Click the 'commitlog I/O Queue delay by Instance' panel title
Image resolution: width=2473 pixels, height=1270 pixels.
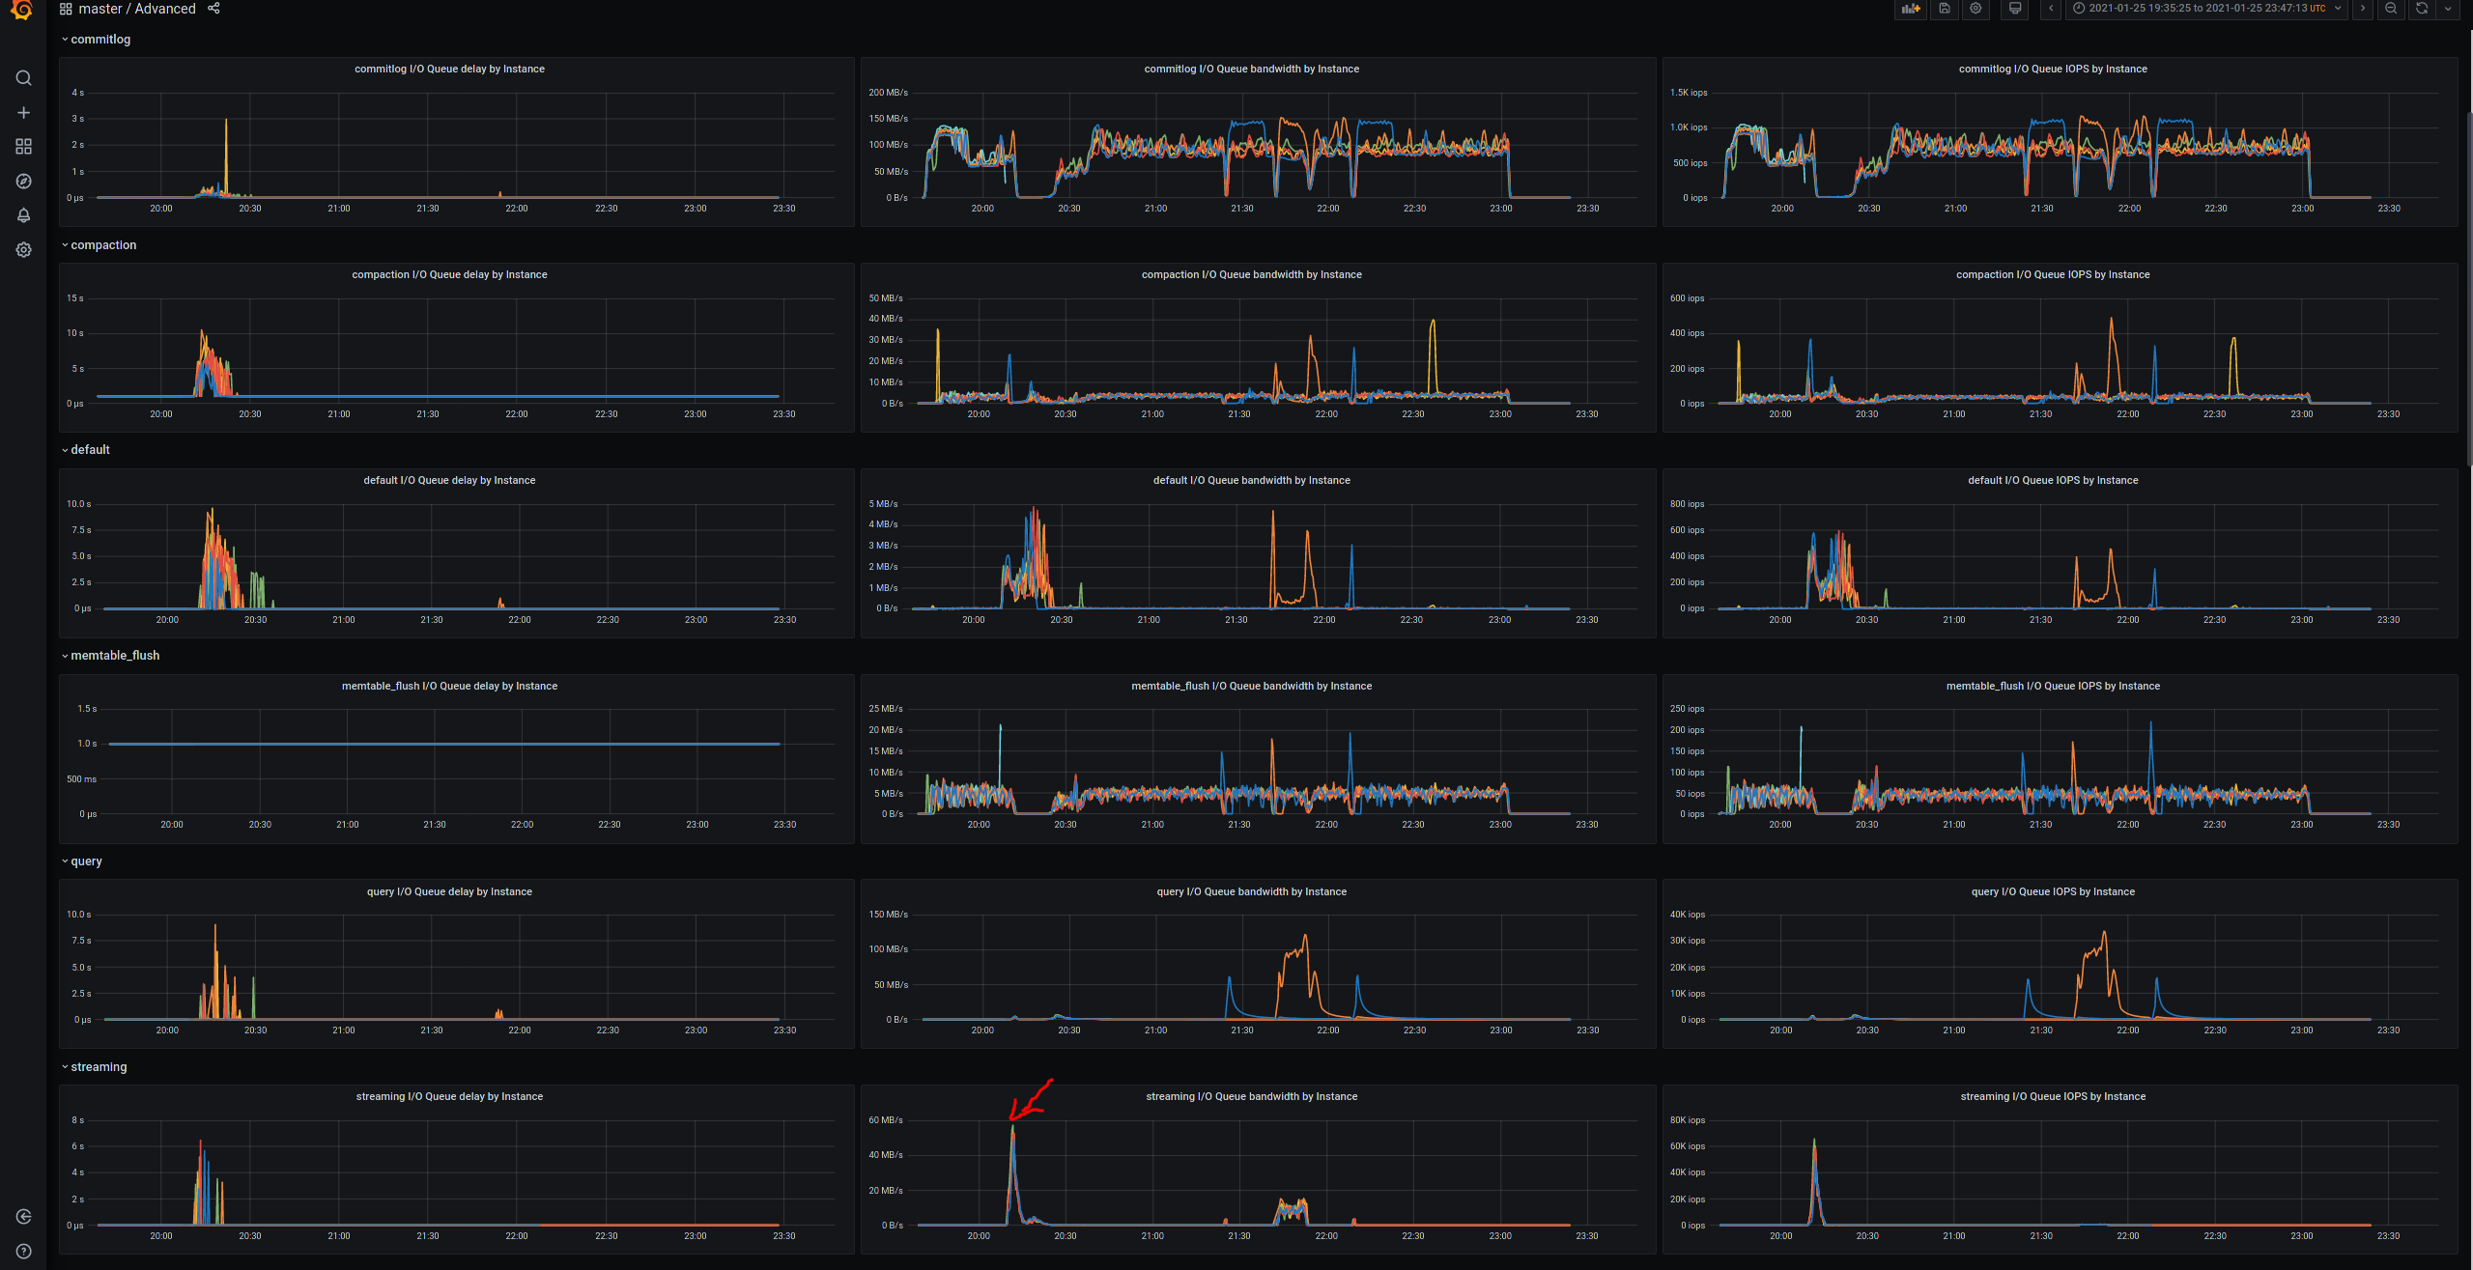[x=449, y=70]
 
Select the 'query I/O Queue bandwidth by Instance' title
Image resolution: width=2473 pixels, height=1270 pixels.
[x=1251, y=892]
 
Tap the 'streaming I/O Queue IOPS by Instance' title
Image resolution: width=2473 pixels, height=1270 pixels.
[x=2053, y=1097]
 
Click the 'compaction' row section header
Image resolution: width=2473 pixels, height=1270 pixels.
[x=103, y=245]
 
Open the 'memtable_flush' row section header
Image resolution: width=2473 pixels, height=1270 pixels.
[x=115, y=656]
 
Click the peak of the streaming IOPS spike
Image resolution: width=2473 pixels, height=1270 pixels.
[x=1814, y=1141]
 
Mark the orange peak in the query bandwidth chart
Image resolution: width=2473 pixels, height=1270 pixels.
[x=1305, y=936]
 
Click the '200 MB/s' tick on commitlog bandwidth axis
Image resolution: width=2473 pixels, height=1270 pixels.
[x=888, y=93]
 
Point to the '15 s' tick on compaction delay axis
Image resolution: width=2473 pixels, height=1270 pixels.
[x=74, y=298]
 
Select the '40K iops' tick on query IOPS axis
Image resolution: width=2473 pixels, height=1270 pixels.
[x=1688, y=915]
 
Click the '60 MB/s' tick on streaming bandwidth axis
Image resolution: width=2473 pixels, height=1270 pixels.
[x=886, y=1120]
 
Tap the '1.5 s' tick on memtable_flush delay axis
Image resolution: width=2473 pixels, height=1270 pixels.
[x=87, y=709]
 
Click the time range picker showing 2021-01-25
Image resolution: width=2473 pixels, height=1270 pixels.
[x=2206, y=9]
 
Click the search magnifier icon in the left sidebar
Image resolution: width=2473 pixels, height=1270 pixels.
[x=24, y=78]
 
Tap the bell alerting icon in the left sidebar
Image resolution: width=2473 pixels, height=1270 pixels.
[x=24, y=215]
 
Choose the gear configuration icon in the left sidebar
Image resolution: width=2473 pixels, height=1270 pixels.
[x=24, y=250]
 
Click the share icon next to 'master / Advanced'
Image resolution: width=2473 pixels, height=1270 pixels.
[x=213, y=9]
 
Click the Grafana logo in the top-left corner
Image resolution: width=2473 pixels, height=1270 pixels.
[x=22, y=10]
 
